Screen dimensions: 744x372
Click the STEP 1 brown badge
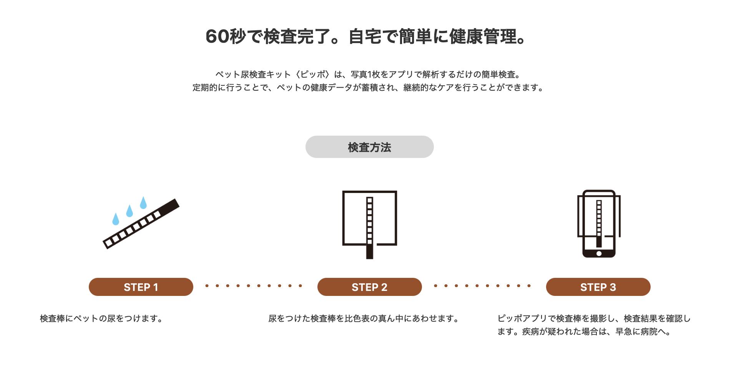(x=141, y=287)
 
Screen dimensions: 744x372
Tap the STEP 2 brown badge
(x=369, y=287)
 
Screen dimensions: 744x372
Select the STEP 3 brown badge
(x=598, y=287)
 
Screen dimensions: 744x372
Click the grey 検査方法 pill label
(x=369, y=147)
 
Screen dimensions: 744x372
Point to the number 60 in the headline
(x=218, y=37)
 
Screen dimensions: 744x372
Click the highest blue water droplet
(x=143, y=203)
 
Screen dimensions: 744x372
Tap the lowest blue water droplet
(x=115, y=219)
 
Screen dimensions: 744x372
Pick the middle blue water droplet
(x=130, y=211)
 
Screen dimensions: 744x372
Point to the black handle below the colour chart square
(x=369, y=252)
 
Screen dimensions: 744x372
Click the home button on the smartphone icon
(x=598, y=254)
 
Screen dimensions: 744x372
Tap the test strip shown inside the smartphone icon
(x=598, y=223)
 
